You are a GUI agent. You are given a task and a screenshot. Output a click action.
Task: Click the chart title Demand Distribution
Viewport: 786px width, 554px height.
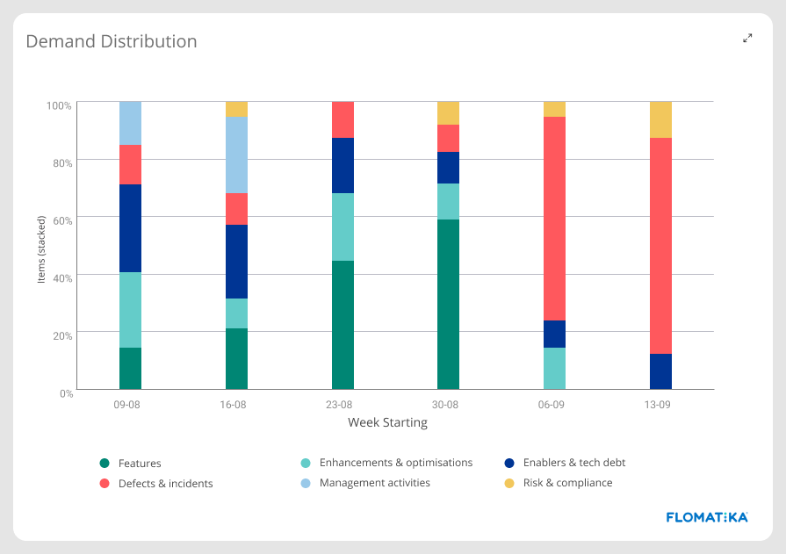pyautogui.click(x=111, y=41)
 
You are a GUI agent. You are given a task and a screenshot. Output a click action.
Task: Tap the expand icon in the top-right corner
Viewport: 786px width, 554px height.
pyautogui.click(x=747, y=38)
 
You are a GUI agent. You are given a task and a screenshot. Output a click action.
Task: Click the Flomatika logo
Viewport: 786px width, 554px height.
pyautogui.click(x=707, y=517)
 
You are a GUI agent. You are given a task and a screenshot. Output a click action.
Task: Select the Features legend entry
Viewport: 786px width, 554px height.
pyautogui.click(x=139, y=463)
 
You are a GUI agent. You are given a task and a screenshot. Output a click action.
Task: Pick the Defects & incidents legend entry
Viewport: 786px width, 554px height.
pyautogui.click(x=165, y=483)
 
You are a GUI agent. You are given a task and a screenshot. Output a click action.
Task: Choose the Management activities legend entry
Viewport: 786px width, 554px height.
pyautogui.click(x=374, y=483)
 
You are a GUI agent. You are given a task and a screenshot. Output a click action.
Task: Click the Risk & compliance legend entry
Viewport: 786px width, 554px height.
pyautogui.click(x=567, y=483)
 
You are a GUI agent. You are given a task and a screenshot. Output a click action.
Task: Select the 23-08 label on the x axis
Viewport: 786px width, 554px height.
pyautogui.click(x=339, y=406)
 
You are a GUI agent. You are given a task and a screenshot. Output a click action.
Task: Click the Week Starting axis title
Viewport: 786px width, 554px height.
pyautogui.click(x=387, y=423)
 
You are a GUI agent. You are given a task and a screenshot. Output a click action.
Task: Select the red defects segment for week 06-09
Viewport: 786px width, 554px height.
pyautogui.click(x=554, y=219)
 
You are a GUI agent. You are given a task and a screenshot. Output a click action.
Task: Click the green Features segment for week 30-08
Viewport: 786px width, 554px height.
pyautogui.click(x=448, y=304)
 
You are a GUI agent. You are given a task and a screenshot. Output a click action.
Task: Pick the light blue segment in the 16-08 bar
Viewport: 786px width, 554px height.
pyautogui.click(x=236, y=155)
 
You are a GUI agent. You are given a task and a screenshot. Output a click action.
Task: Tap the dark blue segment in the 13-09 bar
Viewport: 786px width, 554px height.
pyautogui.click(x=660, y=371)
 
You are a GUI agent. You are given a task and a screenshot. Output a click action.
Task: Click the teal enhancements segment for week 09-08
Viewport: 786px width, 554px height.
pyautogui.click(x=130, y=310)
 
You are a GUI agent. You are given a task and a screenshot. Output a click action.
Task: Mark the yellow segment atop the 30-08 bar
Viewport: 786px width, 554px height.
pyautogui.click(x=448, y=113)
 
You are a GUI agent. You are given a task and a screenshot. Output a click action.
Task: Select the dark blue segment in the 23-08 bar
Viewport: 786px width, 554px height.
pyautogui.click(x=343, y=165)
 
